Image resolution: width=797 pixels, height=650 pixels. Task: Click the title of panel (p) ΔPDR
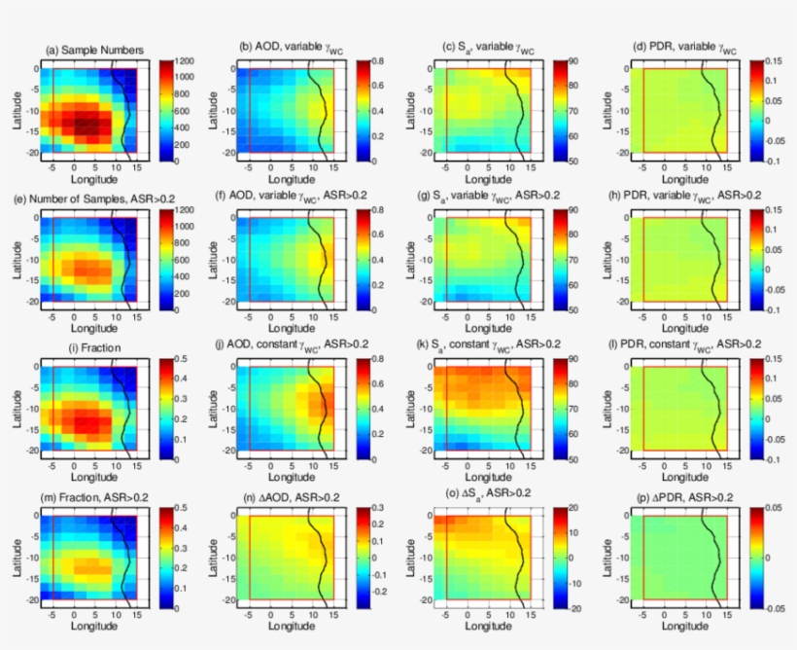coord(681,496)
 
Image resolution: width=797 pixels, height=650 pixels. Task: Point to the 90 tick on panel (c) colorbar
coord(573,60)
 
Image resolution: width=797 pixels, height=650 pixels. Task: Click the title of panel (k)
coord(488,346)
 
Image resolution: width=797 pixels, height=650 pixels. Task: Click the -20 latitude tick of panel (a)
coord(31,153)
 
